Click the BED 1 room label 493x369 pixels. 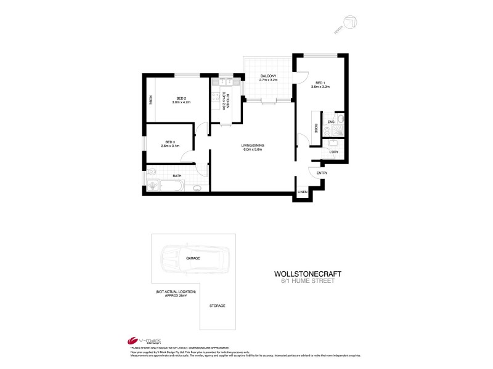coord(320,83)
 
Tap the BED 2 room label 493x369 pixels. coord(181,98)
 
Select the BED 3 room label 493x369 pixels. coord(169,141)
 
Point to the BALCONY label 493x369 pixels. coord(267,76)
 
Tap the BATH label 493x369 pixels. coord(177,177)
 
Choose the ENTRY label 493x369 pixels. coord(322,173)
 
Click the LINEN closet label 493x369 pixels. coord(302,192)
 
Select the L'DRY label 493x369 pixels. coord(334,152)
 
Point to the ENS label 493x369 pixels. coord(331,122)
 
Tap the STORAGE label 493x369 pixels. coord(217,306)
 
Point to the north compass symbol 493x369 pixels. coord(351,22)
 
